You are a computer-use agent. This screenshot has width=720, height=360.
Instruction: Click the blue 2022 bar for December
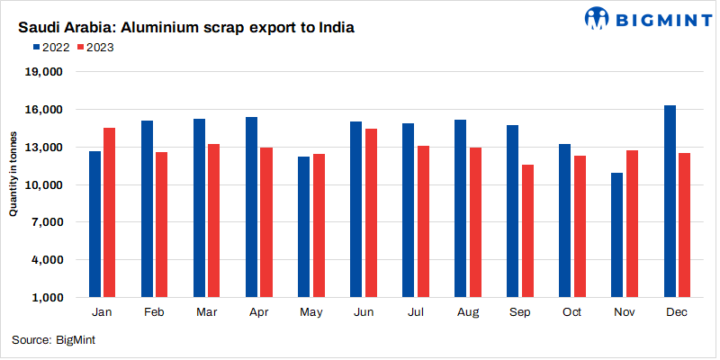pos(670,202)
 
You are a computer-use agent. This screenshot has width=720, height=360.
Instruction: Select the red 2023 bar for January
pos(109,212)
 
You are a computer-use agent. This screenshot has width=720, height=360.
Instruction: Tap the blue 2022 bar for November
pos(616,235)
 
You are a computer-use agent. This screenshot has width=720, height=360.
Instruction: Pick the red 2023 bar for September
pos(527,231)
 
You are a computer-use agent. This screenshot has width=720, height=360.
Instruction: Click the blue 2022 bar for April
pos(251,207)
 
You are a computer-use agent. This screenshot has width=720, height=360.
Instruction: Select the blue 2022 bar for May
pos(303,227)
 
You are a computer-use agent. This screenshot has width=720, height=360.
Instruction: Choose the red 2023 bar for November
pos(632,224)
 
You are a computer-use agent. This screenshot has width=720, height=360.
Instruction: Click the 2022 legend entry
pos(56,48)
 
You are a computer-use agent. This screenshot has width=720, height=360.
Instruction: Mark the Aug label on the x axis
pos(468,311)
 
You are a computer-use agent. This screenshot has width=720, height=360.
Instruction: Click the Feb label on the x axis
pos(154,311)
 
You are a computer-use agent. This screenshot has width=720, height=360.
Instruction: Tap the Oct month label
pos(572,311)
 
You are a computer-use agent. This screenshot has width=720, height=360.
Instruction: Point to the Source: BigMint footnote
pos(54,340)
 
